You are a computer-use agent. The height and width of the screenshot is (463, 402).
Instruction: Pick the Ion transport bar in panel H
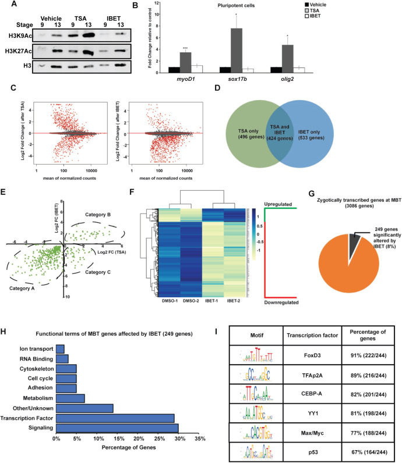point(60,348)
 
